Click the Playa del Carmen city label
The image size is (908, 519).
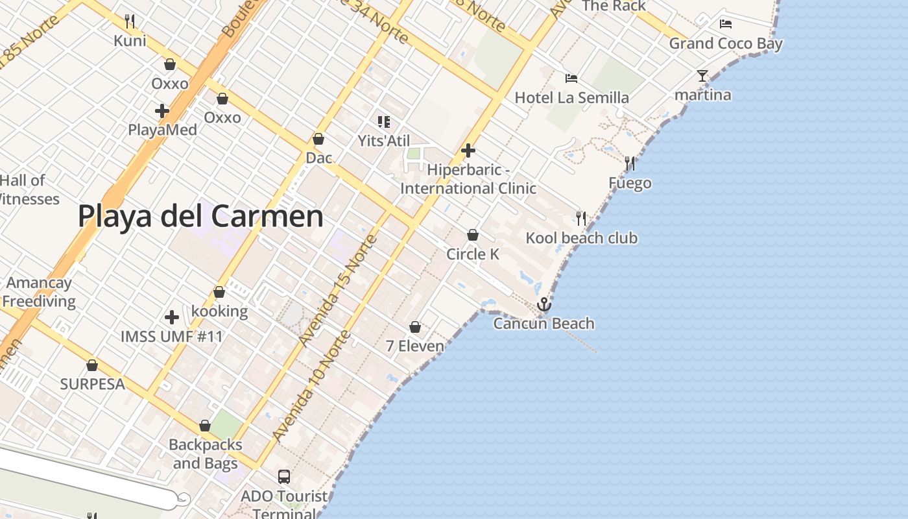click(200, 216)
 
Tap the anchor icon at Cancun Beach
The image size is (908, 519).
click(544, 304)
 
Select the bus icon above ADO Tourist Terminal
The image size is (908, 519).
click(284, 477)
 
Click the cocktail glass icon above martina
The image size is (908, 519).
click(702, 76)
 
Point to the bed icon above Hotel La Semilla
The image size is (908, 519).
click(571, 78)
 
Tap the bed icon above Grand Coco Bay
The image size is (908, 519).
click(726, 24)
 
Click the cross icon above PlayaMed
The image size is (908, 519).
click(162, 111)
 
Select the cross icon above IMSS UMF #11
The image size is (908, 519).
click(172, 317)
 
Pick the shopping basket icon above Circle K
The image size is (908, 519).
click(473, 235)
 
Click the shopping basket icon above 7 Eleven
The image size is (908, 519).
click(415, 327)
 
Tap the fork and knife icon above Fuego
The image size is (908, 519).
click(630, 163)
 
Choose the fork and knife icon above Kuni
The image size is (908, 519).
click(130, 21)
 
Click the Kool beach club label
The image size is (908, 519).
click(581, 238)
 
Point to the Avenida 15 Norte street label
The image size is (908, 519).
click(339, 289)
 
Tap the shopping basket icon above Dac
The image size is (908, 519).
click(318, 139)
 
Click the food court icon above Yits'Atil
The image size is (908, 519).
click(384, 121)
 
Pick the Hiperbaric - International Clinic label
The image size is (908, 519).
click(468, 179)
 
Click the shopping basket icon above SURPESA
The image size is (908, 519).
click(92, 365)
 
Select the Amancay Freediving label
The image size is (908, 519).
click(39, 292)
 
